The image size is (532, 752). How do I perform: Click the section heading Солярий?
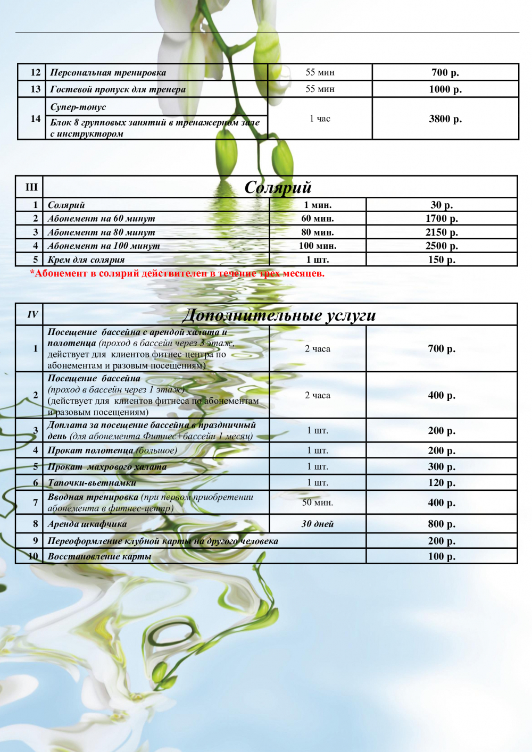[278, 187]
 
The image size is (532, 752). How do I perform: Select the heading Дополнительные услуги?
[279, 315]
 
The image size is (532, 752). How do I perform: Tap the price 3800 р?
[445, 119]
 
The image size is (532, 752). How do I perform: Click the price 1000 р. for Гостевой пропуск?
[445, 89]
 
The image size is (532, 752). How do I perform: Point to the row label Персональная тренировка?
[108, 72]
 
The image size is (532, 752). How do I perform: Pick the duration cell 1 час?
[320, 119]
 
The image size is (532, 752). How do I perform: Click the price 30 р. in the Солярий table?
[442, 205]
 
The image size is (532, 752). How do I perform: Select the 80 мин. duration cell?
[318, 232]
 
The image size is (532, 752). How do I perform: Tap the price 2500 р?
[442, 246]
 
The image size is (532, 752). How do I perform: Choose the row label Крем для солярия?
[86, 260]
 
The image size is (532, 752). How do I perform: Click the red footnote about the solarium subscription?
[177, 273]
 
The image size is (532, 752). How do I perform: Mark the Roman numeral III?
[31, 187]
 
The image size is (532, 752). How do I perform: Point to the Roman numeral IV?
[32, 315]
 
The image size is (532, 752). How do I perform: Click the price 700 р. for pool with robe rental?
[442, 349]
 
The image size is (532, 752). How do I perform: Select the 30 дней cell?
[318, 524]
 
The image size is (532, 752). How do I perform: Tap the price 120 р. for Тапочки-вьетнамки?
[442, 483]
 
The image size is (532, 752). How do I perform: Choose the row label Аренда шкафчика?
[87, 524]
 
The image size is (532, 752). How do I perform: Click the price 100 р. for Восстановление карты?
[442, 556]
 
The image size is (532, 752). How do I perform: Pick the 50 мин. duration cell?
[318, 502]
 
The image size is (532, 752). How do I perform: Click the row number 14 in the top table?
[36, 119]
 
